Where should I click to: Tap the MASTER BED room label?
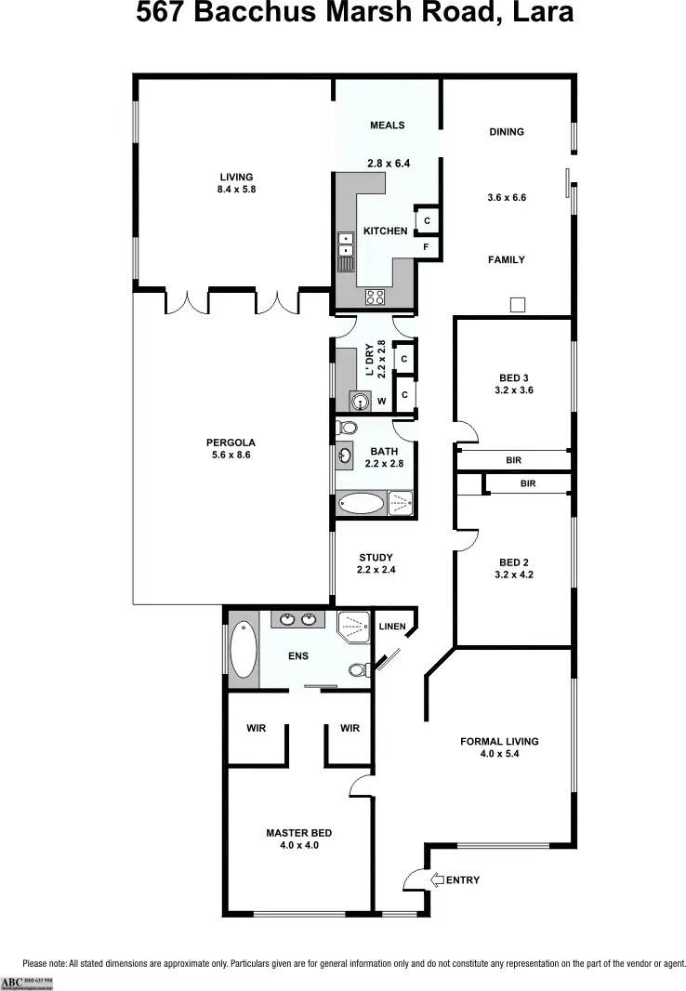pos(298,833)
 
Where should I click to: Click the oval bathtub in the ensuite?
pos(243,648)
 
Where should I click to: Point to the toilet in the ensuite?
pos(357,669)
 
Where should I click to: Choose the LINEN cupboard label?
pos(392,627)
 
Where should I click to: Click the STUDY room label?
pos(376,558)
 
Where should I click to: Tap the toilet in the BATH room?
pos(347,429)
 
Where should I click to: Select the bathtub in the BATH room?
pos(361,504)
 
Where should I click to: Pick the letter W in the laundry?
pos(381,402)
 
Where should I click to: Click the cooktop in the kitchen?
pos(376,297)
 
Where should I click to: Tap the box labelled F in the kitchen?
pos(426,247)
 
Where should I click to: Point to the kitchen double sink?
pos(347,243)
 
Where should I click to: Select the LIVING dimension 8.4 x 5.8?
pos(236,190)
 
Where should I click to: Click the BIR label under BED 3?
pos(513,460)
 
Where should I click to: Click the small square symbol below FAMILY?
pos(518,304)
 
